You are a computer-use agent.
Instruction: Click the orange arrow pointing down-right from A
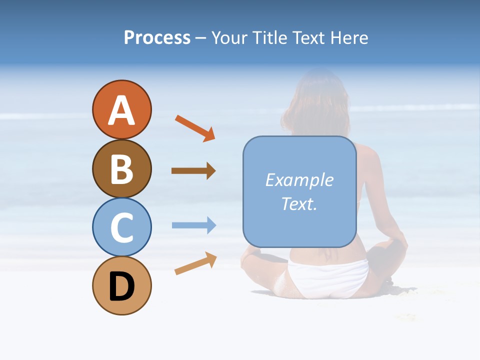195,128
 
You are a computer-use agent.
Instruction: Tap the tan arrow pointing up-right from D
195,263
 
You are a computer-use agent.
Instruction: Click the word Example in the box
299,180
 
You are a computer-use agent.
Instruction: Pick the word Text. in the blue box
299,204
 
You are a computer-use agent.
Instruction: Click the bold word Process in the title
157,38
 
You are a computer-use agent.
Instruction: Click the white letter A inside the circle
121,111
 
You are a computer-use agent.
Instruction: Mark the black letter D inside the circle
121,287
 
